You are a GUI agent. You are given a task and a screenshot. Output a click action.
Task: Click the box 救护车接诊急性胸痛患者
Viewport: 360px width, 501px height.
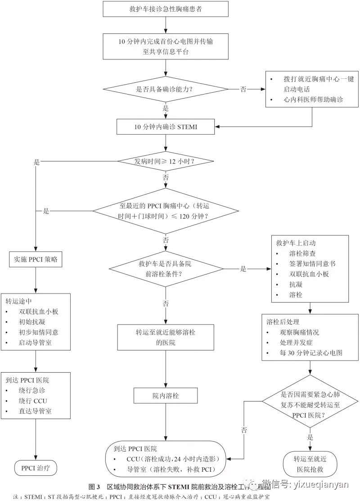click(166, 9)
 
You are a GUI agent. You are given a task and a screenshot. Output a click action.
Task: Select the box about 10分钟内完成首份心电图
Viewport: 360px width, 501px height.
click(166, 46)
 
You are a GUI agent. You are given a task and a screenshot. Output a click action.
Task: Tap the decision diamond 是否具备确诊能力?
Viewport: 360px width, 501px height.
click(166, 89)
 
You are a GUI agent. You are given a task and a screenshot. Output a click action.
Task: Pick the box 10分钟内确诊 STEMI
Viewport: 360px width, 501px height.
click(166, 127)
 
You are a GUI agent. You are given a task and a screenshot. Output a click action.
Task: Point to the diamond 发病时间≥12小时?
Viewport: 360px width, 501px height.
click(166, 161)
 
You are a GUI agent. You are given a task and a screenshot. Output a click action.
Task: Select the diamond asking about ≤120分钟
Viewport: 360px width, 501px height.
click(166, 210)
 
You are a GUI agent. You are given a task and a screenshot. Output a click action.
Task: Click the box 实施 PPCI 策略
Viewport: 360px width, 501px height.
click(36, 259)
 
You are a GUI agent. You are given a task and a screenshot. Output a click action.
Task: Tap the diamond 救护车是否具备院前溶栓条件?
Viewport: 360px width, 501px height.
click(166, 269)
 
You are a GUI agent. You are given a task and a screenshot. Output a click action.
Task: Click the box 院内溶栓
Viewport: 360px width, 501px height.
click(166, 396)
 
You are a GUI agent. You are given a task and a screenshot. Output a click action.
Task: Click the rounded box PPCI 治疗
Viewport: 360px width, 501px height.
click(36, 468)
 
